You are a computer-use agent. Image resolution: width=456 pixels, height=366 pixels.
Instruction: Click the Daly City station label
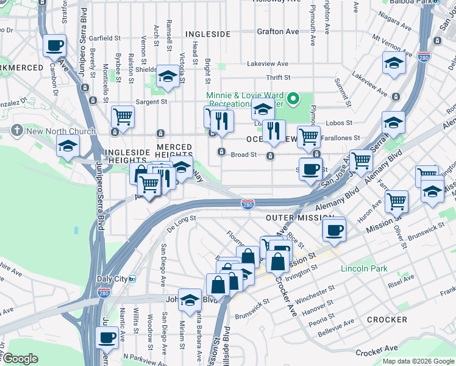point(112,279)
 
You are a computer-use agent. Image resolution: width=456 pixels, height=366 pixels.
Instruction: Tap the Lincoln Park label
point(363,268)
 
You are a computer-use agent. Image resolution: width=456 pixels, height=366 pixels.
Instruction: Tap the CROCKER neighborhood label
point(387,320)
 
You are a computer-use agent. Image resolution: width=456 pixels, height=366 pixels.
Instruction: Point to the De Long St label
point(180,222)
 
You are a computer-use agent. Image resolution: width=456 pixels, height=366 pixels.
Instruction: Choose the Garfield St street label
point(101,38)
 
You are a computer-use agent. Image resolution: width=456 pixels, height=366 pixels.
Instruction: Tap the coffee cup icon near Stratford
point(54,45)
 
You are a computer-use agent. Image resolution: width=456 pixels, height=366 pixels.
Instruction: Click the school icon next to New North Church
point(68,145)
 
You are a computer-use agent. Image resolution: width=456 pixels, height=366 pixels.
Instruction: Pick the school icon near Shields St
point(167,76)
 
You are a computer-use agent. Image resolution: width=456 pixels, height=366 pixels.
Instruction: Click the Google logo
point(20,359)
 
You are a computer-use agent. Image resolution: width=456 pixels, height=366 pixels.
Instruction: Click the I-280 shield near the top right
point(425,57)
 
